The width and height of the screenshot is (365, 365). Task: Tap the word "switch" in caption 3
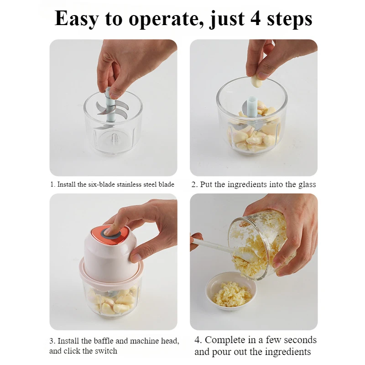(106, 351)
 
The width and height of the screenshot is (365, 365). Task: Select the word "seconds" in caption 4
(300, 340)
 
